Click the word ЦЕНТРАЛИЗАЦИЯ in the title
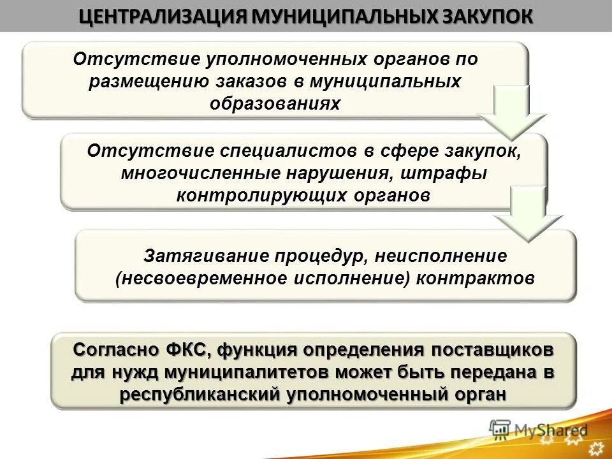(x=164, y=16)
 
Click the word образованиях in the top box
(x=275, y=103)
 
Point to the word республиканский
(x=200, y=394)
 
